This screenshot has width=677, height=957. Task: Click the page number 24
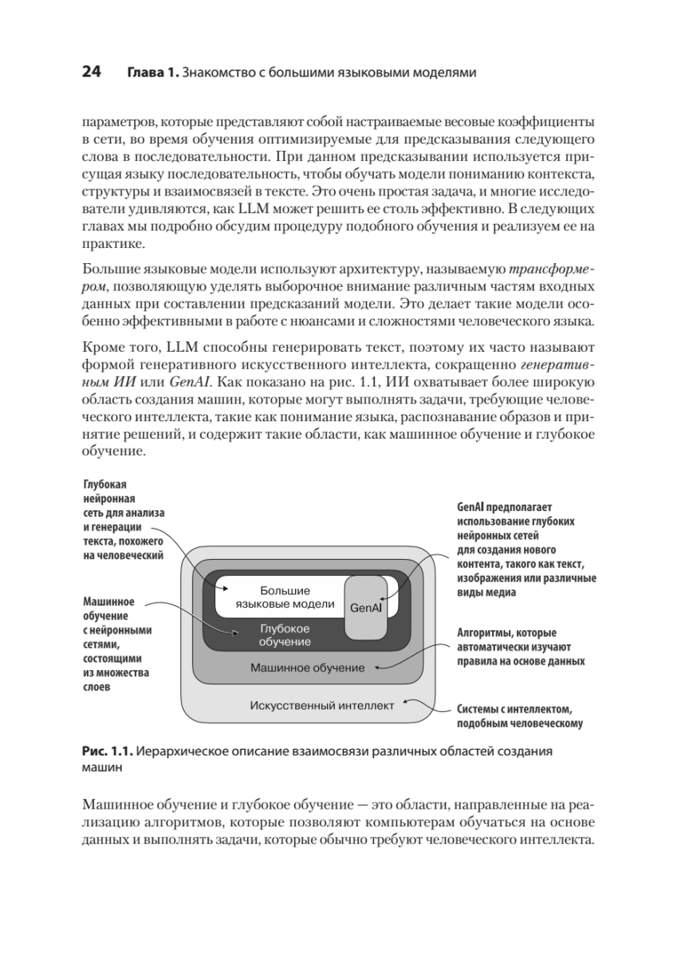pyautogui.click(x=91, y=73)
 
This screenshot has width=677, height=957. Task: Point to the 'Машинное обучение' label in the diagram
pyautogui.click(x=307, y=668)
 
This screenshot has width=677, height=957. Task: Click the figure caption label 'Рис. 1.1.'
pyautogui.click(x=106, y=751)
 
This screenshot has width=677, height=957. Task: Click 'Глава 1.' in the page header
pyautogui.click(x=152, y=73)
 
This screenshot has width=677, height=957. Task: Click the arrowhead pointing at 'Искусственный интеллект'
pyautogui.click(x=402, y=703)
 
